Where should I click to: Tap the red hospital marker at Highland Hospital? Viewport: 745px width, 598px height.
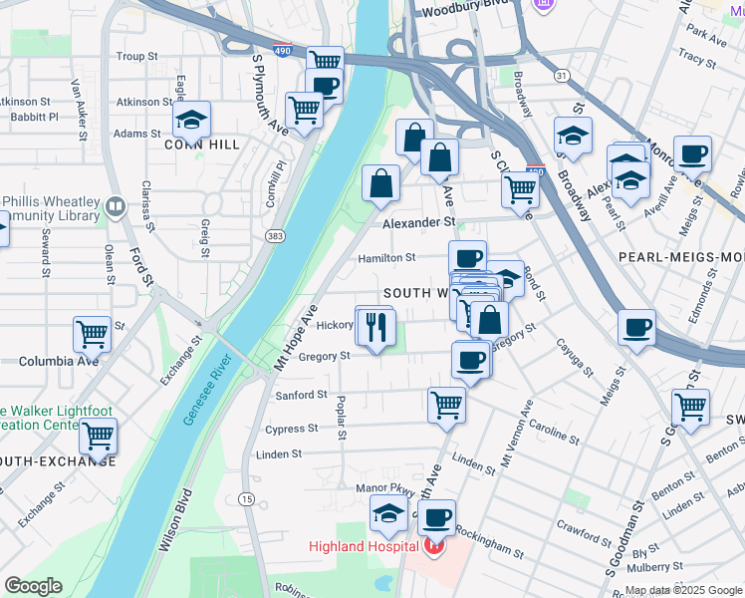point(433,546)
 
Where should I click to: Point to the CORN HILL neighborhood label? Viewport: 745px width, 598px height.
point(202,145)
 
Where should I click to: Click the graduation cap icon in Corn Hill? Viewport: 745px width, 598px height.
point(190,121)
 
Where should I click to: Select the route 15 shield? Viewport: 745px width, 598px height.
point(246,498)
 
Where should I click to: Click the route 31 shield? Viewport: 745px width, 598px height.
point(563,76)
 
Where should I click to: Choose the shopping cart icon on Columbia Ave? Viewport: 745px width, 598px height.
point(92,335)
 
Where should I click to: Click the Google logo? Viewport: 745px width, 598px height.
point(33,586)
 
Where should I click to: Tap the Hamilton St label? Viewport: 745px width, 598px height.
point(386,257)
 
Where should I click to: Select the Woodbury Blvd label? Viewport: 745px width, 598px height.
point(459,13)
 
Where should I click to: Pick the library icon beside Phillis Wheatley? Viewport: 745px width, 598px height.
point(116,208)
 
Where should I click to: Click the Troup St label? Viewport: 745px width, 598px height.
point(138,57)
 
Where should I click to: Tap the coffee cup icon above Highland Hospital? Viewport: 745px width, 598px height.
point(436,517)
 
